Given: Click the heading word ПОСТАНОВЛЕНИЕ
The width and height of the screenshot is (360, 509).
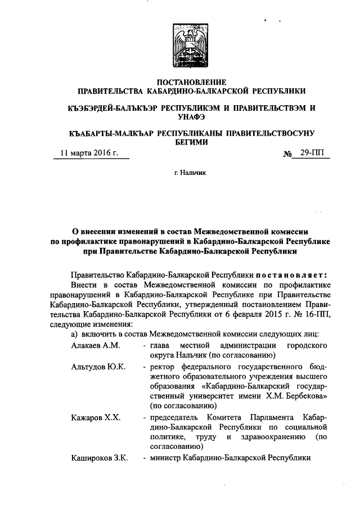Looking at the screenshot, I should pos(191,82).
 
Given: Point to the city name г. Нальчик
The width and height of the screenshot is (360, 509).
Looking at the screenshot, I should pos(191,174).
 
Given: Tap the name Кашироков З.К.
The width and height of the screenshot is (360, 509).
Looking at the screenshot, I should pos(96,458).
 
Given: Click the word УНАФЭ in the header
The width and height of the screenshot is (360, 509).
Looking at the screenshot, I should pos(191,116).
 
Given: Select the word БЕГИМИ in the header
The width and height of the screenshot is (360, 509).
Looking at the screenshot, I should pos(191,142).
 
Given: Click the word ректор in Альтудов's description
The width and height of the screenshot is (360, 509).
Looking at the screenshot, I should pos(163,367).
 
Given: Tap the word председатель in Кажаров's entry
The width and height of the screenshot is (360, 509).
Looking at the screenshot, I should pos(178,418).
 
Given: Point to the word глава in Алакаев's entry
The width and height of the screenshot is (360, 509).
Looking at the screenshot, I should pos(160,344).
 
